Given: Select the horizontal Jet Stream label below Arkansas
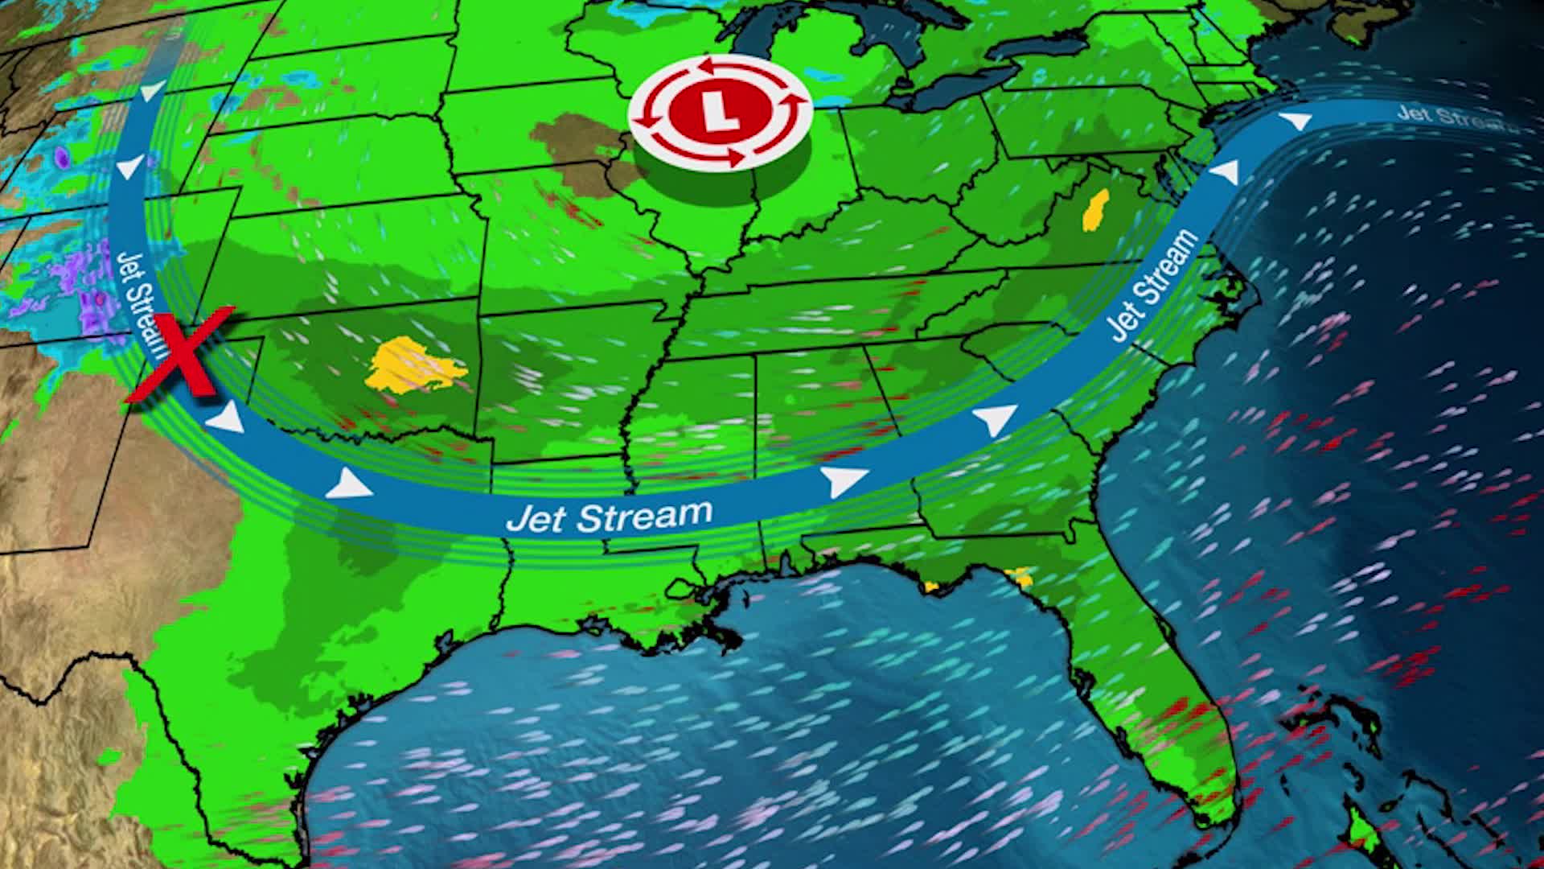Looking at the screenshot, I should (x=609, y=516).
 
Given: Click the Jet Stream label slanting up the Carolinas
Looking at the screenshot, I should (x=1152, y=285).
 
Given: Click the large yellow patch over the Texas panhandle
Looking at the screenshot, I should (x=413, y=366).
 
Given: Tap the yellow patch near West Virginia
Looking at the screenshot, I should (x=1094, y=211).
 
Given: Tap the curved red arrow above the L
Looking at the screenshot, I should (x=719, y=67).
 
